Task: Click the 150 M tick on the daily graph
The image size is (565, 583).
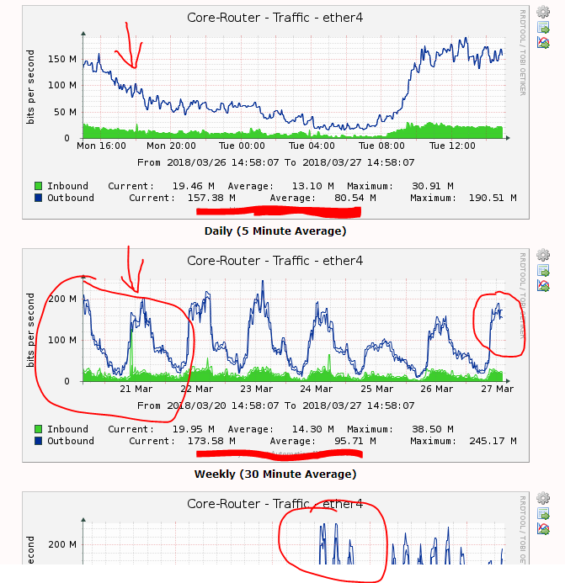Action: pos(64,59)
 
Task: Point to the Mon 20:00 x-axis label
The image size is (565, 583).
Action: pos(171,146)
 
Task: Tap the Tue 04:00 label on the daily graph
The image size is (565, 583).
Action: pos(312,146)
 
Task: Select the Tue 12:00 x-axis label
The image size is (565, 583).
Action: pos(451,146)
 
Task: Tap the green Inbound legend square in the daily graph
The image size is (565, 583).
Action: pos(38,186)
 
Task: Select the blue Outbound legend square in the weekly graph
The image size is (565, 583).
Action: pos(38,441)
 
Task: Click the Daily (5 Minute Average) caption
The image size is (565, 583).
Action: pos(275,231)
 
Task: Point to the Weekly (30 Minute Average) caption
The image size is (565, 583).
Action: pos(275,474)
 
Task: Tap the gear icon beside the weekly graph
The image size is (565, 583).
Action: pos(543,255)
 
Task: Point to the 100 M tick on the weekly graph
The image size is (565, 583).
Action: pos(64,340)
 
